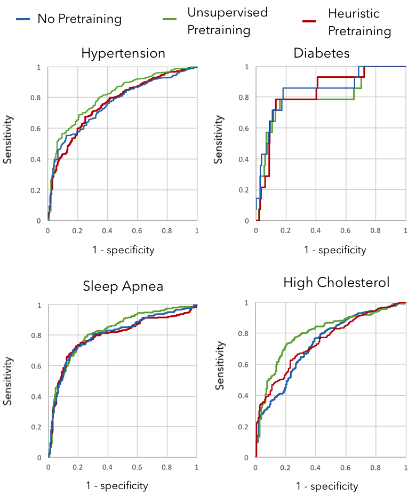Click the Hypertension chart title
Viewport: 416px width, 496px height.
tap(123, 53)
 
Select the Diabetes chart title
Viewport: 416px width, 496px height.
tap(329, 53)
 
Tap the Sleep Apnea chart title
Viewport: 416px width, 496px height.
tap(123, 286)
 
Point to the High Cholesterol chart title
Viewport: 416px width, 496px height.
tap(337, 282)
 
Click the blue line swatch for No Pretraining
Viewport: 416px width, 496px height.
tap(22, 20)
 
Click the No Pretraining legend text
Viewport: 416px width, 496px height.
tap(79, 20)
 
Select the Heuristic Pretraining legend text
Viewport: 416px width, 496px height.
tap(359, 22)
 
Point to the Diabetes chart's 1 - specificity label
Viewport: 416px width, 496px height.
tap(335, 250)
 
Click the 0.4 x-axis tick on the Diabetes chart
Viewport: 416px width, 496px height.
tap(316, 230)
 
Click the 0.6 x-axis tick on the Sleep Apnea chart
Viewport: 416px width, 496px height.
tap(138, 468)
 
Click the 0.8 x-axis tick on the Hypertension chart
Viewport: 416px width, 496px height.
tap(167, 230)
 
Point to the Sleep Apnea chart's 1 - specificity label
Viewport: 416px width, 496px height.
tap(117, 485)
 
